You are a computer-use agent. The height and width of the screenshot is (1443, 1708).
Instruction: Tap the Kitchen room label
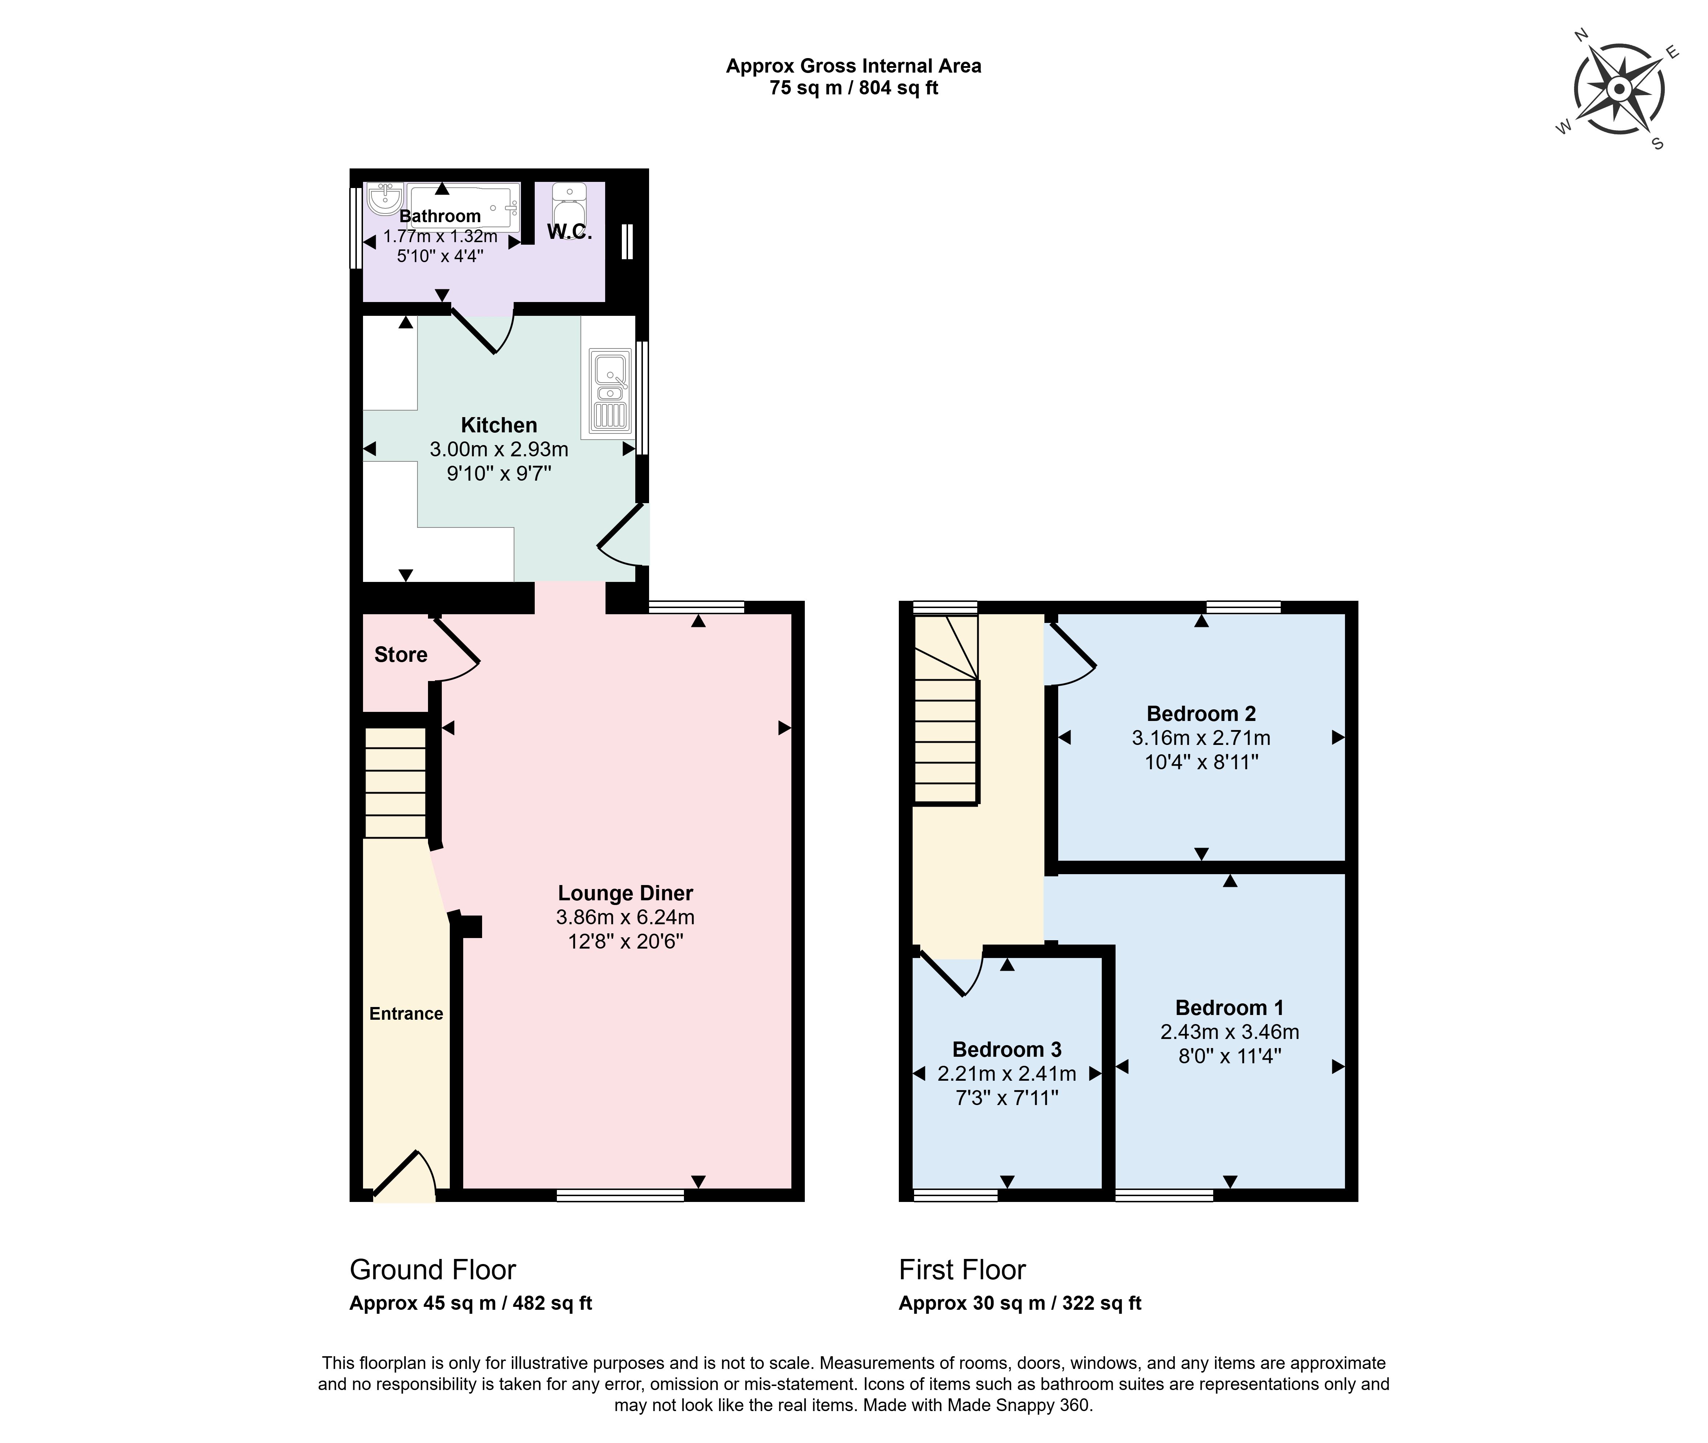click(499, 425)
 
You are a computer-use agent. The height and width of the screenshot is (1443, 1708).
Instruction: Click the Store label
click(401, 655)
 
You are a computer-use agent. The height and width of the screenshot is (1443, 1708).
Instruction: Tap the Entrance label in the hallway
click(407, 1014)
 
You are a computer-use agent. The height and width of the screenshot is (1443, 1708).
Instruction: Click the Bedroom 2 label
click(1201, 713)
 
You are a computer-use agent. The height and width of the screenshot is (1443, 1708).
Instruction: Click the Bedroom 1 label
click(1230, 1008)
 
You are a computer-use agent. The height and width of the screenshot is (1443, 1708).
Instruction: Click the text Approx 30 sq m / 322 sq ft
click(1020, 1303)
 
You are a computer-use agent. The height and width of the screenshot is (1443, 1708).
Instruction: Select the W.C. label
click(569, 232)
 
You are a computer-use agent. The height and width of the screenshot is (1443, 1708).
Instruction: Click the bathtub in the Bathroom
click(464, 206)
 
